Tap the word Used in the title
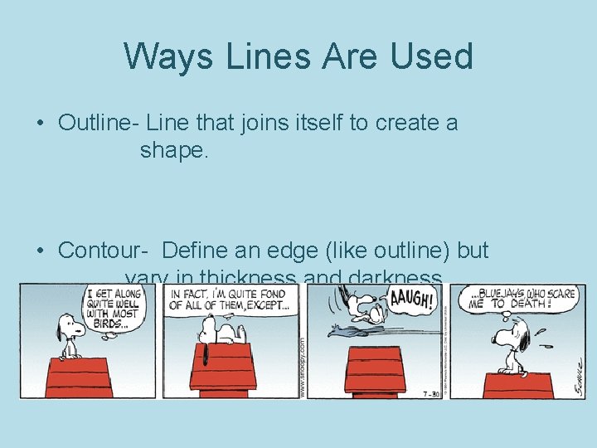tap(431, 56)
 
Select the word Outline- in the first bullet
tap(98, 123)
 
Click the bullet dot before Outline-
tap(41, 124)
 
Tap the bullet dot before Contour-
tap(41, 251)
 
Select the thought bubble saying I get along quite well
tap(114, 307)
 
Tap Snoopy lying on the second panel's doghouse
tap(218, 332)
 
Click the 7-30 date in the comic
tap(429, 388)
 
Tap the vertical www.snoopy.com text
tap(302, 366)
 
